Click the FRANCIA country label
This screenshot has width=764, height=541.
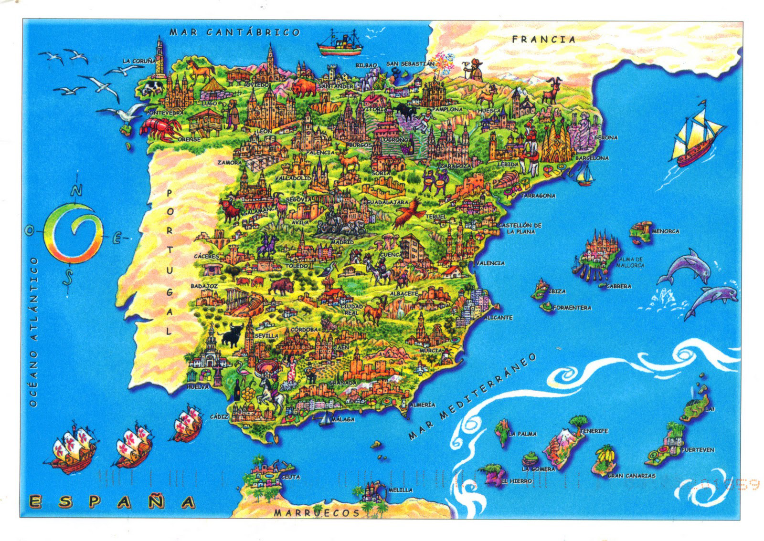[543, 40]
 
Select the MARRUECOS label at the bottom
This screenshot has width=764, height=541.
[317, 513]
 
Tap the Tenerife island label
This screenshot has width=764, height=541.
[594, 431]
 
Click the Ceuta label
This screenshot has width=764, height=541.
[290, 477]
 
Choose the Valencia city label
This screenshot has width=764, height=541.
[490, 263]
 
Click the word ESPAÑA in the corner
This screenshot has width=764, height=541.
[112, 502]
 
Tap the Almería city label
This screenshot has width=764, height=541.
[422, 405]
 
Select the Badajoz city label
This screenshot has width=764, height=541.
[204, 286]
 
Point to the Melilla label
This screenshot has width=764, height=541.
[400, 490]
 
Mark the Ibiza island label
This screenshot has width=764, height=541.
[557, 291]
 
